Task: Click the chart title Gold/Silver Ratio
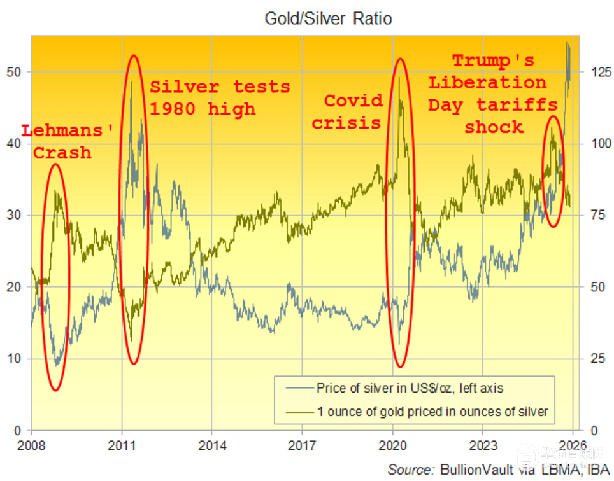tap(328, 19)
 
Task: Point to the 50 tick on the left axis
tap(14, 72)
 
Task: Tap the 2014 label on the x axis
tap(212, 443)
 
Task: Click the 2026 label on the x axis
tap(573, 443)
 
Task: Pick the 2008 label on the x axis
tap(31, 443)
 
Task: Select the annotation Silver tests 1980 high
tap(219, 97)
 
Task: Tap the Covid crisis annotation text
tap(353, 111)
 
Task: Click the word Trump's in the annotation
tap(493, 61)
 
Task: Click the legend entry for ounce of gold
tap(432, 411)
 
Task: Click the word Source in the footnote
tap(410, 470)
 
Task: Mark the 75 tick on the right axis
tap(595, 215)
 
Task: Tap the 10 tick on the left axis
tap(14, 359)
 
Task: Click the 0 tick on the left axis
tap(18, 431)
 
